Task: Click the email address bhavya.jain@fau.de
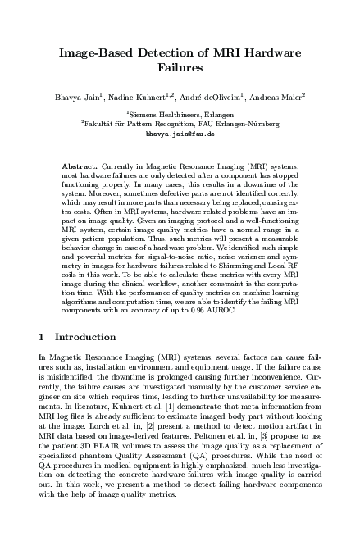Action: point(180,132)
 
